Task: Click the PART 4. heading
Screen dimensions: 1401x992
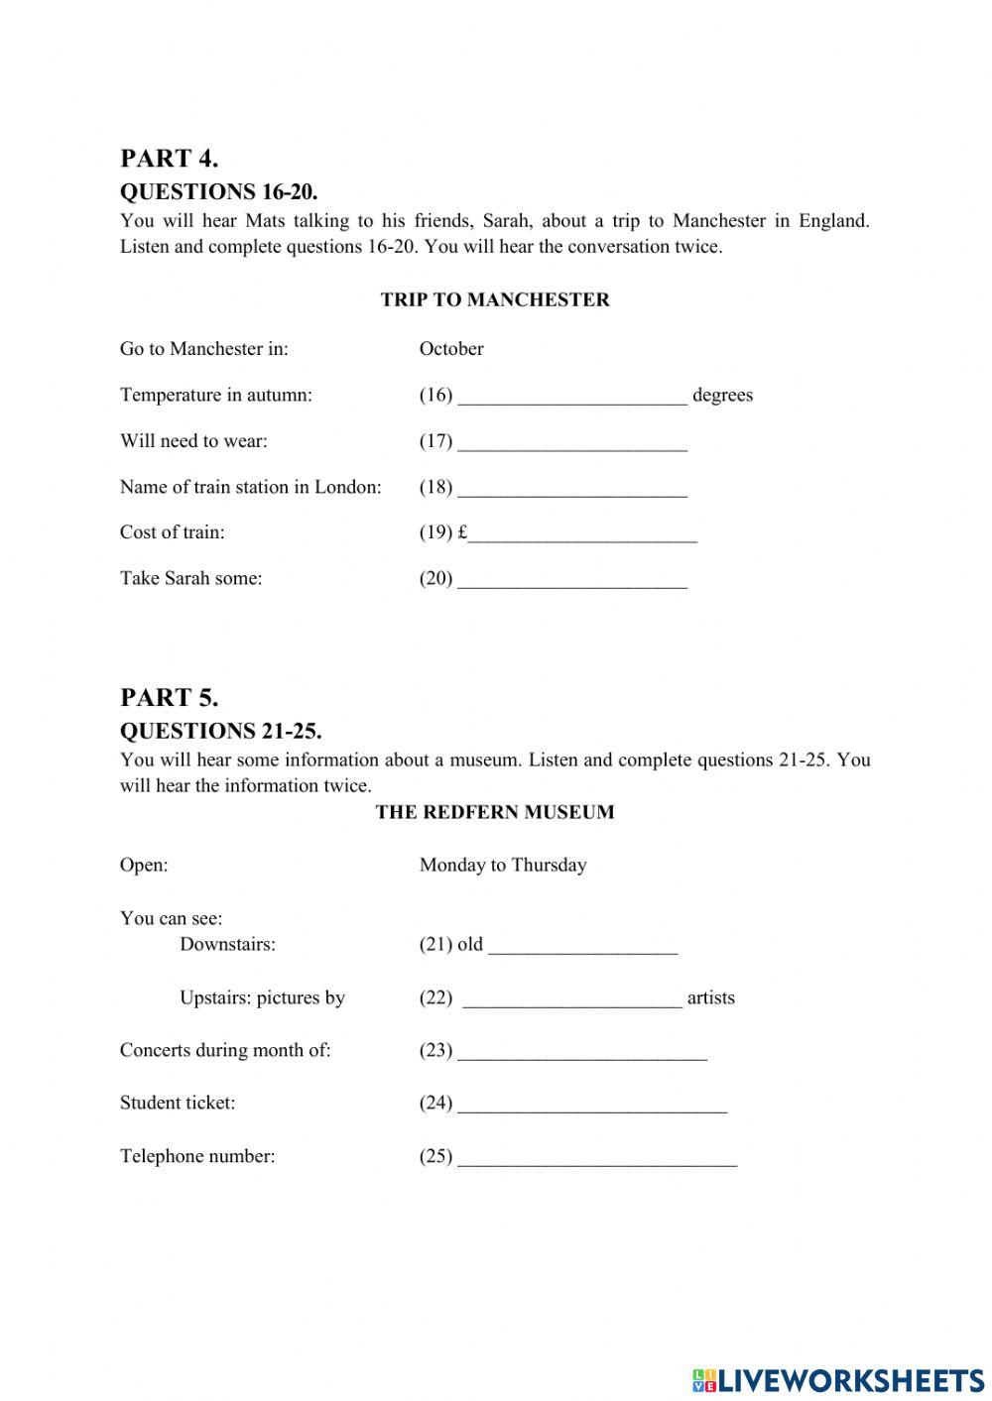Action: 169,159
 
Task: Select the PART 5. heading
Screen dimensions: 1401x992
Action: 169,698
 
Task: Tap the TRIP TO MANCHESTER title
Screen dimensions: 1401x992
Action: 495,299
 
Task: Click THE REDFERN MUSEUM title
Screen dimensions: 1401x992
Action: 495,812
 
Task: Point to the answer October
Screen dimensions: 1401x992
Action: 451,349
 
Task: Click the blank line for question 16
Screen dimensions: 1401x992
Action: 572,397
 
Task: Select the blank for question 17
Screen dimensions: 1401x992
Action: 572,442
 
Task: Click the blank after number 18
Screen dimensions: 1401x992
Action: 572,488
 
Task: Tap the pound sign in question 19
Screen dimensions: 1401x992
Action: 462,532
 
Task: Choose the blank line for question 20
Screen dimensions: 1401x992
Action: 572,580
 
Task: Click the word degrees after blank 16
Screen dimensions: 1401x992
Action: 722,396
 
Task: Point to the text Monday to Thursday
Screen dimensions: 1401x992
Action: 503,865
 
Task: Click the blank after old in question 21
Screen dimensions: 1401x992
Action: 582,946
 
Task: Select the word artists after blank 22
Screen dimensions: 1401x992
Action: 710,998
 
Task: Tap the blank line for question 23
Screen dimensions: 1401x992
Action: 582,1052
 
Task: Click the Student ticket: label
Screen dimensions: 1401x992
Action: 178,1103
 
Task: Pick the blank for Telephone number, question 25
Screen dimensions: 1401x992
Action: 597,1158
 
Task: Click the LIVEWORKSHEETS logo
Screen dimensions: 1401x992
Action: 837,1379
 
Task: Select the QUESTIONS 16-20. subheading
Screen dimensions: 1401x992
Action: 218,191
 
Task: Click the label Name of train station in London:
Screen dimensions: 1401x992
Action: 250,487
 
